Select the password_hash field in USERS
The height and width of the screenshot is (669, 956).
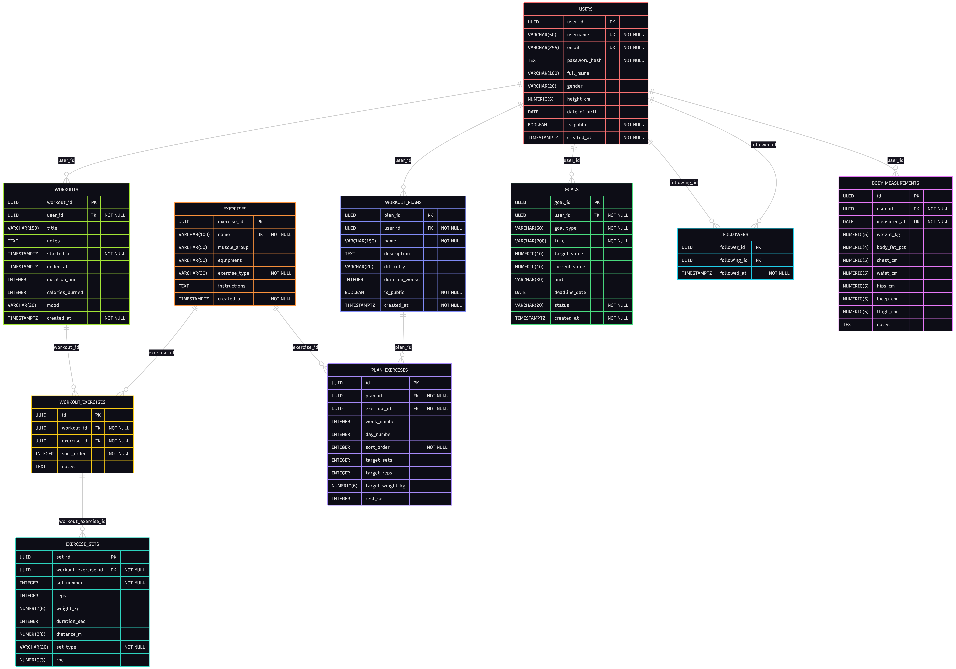click(x=584, y=60)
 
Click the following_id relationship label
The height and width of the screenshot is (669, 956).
click(x=684, y=182)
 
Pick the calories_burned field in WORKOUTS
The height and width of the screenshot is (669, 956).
click(x=65, y=292)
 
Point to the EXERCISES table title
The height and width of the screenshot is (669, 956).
click(x=235, y=209)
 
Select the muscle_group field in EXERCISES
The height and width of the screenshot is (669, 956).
click(x=233, y=247)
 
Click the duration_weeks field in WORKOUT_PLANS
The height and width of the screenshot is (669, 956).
click(x=402, y=280)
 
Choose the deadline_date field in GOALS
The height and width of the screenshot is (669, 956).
click(x=570, y=292)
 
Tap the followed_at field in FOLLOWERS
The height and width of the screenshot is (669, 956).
click(x=733, y=273)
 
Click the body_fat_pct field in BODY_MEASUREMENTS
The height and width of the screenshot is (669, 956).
click(x=891, y=247)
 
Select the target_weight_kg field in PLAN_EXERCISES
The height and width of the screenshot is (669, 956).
click(x=385, y=486)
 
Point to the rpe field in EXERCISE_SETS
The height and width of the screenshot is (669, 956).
click(x=60, y=660)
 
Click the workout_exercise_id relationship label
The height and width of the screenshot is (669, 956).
click(x=82, y=522)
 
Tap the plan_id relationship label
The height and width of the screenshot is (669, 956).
click(x=403, y=347)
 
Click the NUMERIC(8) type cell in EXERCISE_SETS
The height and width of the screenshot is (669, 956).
click(x=32, y=634)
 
